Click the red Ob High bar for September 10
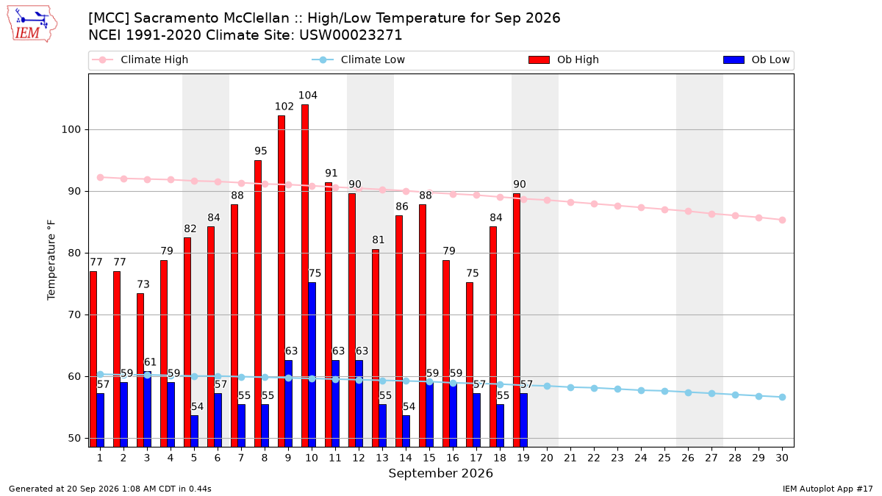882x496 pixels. point(305,276)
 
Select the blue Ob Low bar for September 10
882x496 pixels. point(312,364)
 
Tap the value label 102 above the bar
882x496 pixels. point(284,107)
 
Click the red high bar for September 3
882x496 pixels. point(140,370)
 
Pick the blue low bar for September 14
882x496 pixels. point(406,431)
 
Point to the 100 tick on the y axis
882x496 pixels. point(71,129)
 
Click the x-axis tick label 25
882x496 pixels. point(664,458)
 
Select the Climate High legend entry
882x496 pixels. point(140,60)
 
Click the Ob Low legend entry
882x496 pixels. point(756,60)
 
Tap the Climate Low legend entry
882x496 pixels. point(358,60)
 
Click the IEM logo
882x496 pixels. point(32,24)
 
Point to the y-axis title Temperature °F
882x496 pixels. point(51,260)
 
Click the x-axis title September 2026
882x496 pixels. point(440,473)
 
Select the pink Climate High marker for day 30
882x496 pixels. point(782,220)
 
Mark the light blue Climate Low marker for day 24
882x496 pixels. point(641,390)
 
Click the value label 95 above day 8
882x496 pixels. point(261,151)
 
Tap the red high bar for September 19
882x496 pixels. point(517,320)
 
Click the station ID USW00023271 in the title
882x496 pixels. point(351,35)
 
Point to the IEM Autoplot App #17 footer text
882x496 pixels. point(828,489)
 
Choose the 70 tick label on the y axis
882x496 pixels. point(74,315)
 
